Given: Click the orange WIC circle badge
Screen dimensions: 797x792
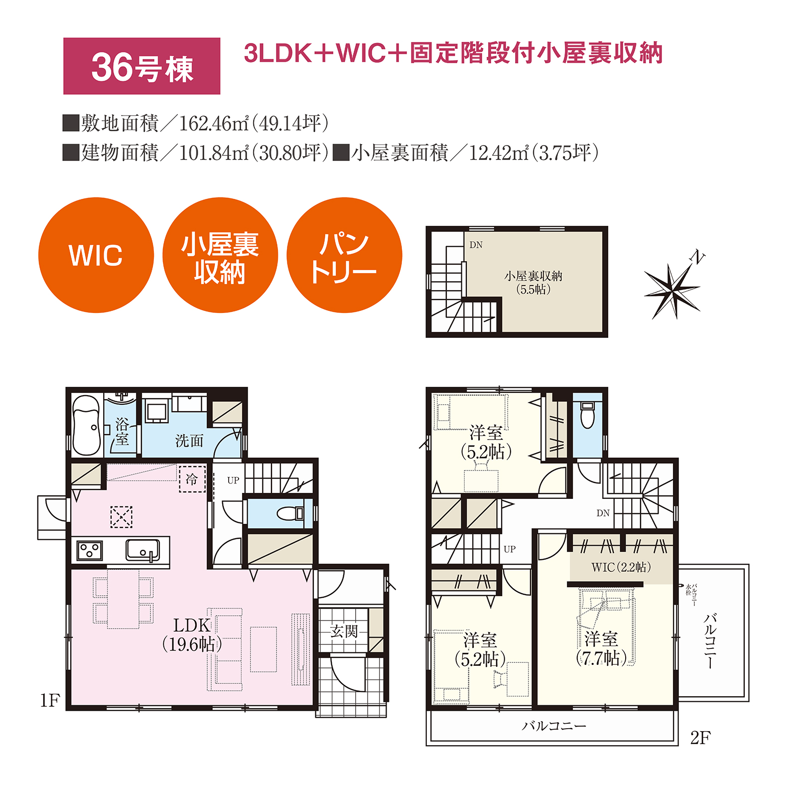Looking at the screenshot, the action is click(x=96, y=255).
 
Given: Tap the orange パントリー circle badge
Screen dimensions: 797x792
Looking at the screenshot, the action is click(x=344, y=255).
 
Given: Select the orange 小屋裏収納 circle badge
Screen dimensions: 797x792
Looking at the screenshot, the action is click(x=220, y=255).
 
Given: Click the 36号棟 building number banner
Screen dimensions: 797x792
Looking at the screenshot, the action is click(x=142, y=66).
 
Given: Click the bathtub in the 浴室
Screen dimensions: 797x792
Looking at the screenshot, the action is click(x=87, y=425).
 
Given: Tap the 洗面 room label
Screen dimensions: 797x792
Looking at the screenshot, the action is click(x=189, y=441).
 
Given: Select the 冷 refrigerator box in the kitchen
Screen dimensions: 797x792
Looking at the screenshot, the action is click(x=192, y=479).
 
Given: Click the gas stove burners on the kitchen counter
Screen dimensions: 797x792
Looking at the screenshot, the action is click(x=90, y=551).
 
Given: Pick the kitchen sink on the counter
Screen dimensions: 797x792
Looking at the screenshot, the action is click(x=142, y=550).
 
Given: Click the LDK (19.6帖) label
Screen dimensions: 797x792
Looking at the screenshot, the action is click(x=192, y=634).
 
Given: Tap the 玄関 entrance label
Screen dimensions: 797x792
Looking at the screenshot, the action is click(x=344, y=632).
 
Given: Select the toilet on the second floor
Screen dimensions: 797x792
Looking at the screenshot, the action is click(x=588, y=415).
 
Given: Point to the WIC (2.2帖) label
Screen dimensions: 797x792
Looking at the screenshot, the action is click(x=621, y=567).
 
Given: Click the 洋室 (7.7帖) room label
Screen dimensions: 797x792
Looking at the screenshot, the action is click(x=601, y=648).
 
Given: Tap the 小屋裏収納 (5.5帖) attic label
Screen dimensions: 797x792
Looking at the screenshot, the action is click(x=533, y=283).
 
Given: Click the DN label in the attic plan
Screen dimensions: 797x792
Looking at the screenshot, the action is click(x=476, y=245).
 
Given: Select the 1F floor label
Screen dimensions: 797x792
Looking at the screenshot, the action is click(x=50, y=700).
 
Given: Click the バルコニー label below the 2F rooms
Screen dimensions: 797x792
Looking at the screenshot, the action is click(x=554, y=726).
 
